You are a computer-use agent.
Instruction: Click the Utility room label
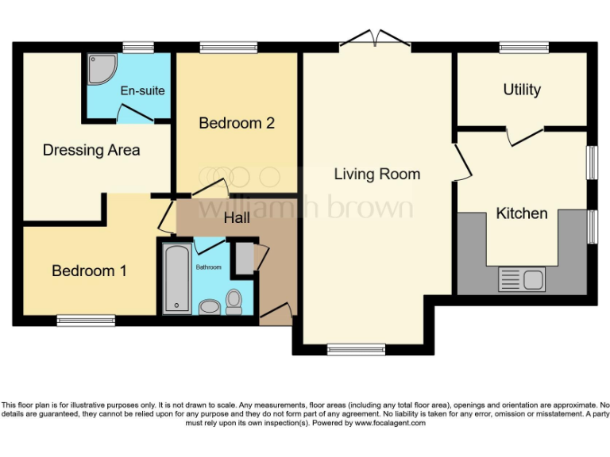522,90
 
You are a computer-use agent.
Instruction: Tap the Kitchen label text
522,213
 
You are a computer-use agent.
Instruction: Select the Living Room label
376,174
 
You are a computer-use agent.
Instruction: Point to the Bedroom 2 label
237,123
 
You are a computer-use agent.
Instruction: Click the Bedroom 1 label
89,271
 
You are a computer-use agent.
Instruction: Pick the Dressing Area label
91,150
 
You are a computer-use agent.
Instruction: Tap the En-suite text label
143,90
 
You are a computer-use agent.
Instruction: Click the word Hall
238,217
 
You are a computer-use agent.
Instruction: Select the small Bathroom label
209,267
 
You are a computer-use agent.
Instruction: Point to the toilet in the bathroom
234,301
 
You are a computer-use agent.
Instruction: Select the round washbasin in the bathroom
209,306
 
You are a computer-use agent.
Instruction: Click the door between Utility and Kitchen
524,136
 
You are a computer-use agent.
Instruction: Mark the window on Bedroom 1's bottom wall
86,321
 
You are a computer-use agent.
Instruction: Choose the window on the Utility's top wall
523,48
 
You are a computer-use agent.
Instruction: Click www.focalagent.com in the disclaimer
389,424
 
